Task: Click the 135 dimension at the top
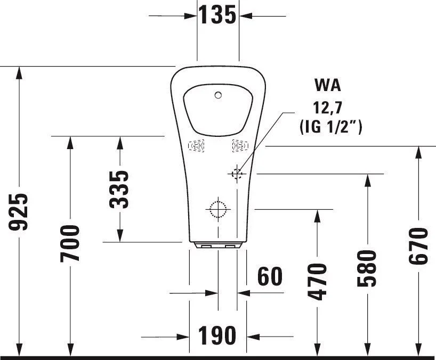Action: (217, 15)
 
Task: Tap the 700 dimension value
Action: (70, 243)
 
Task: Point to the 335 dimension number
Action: (119, 190)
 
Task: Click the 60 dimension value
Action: (270, 276)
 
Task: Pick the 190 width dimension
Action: (217, 336)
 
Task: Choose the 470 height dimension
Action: (317, 282)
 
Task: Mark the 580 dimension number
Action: (367, 268)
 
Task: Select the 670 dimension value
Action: (418, 246)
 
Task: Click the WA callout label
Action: (328, 85)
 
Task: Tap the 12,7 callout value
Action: (327, 108)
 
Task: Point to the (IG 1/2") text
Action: (331, 127)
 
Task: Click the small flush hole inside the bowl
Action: (219, 95)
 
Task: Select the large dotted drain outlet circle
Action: (219, 209)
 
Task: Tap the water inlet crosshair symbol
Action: (237, 174)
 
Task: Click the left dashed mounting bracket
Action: (196, 145)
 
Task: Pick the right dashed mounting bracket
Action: (240, 145)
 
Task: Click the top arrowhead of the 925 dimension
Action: (19, 73)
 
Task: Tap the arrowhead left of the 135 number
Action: (190, 16)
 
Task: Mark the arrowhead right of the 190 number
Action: (253, 337)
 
